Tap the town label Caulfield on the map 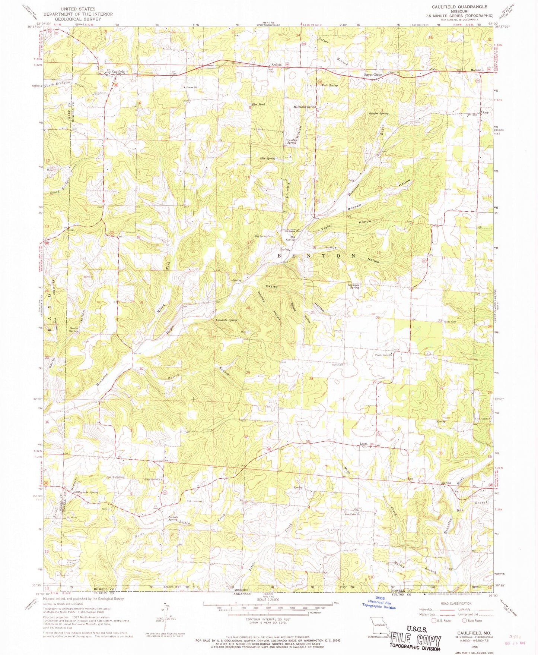coord(118,71)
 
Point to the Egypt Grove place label coord(373,75)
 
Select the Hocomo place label coord(476,70)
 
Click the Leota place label coord(364,444)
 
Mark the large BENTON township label coord(316,256)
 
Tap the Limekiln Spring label coord(226,320)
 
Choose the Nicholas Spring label coord(353,286)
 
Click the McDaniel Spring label coord(304,107)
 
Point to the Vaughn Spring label coord(378,113)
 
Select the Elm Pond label coord(258,105)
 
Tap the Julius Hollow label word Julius coord(330,247)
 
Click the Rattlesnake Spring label coord(86,492)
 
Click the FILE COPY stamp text coord(416,640)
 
